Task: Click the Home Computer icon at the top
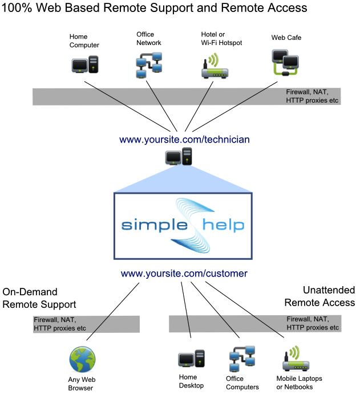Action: point(84,64)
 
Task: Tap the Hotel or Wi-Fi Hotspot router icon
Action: point(215,66)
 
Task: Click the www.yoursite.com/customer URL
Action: point(184,274)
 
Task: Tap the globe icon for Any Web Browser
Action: point(82,359)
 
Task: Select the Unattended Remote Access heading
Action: point(319,296)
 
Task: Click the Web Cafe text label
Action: point(286,38)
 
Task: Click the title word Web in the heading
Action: point(51,8)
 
